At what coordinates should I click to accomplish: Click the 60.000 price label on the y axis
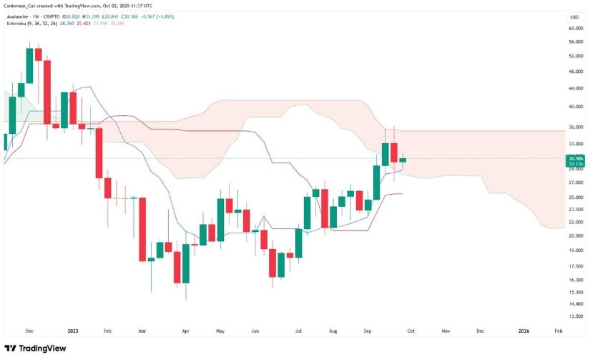pos(574,29)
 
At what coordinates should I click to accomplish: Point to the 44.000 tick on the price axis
pos(574,88)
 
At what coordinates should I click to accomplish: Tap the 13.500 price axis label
pos(574,316)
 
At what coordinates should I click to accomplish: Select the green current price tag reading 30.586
pos(575,158)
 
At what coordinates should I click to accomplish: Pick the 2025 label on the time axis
pos(72,331)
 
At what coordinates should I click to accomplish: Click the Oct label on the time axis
pos(411,331)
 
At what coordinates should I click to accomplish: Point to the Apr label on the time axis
pos(185,331)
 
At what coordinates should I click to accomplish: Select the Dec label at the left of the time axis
pos(29,331)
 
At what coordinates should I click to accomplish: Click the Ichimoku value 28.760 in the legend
pos(66,23)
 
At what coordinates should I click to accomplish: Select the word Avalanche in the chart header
pos(19,16)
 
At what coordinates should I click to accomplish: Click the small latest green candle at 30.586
pos(403,160)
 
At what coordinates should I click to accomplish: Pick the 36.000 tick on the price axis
pos(574,127)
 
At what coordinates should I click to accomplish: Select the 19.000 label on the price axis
pos(574,250)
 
